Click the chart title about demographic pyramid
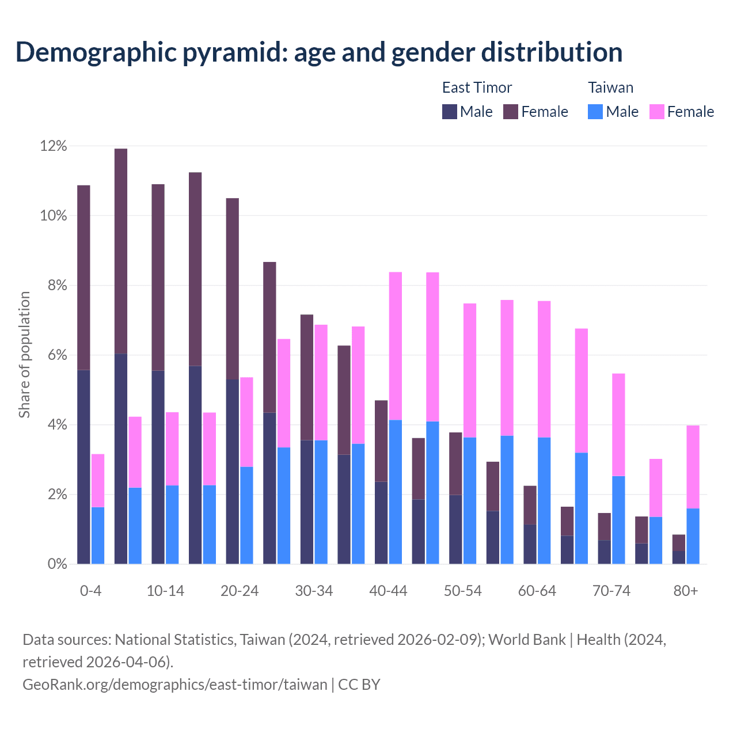pyautogui.click(x=319, y=52)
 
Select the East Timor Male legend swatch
pyautogui.click(x=450, y=112)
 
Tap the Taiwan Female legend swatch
pyautogui.click(x=657, y=112)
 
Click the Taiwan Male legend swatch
pyautogui.click(x=595, y=112)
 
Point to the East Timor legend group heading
pyautogui.click(x=477, y=88)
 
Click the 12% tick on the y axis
pyautogui.click(x=54, y=146)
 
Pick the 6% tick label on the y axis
pyautogui.click(x=56, y=356)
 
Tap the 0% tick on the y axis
pyautogui.click(x=56, y=564)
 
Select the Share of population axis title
pyautogui.click(x=24, y=355)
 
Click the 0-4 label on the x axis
pyautogui.click(x=91, y=591)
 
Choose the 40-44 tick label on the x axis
pyautogui.click(x=388, y=591)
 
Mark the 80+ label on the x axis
pyautogui.click(x=686, y=591)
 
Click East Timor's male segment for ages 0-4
pyautogui.click(x=83, y=466)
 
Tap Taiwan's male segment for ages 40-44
pyautogui.click(x=396, y=492)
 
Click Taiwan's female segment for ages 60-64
pyautogui.click(x=544, y=369)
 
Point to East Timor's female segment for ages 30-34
pyautogui.click(x=307, y=377)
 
